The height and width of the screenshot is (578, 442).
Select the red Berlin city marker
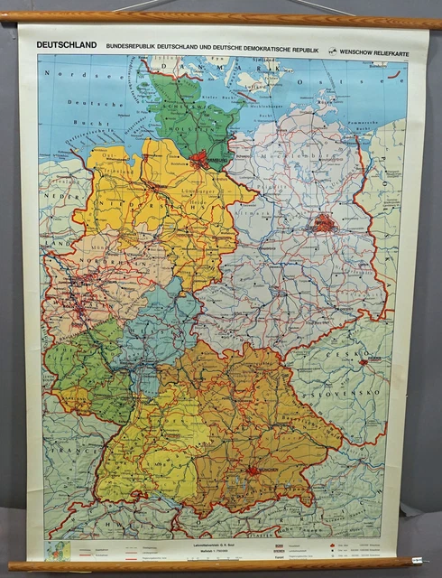pyautogui.click(x=324, y=222)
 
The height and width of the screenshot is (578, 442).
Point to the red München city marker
pyautogui.click(x=255, y=470)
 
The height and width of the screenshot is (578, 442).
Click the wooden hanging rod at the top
pyautogui.click(x=221, y=17)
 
